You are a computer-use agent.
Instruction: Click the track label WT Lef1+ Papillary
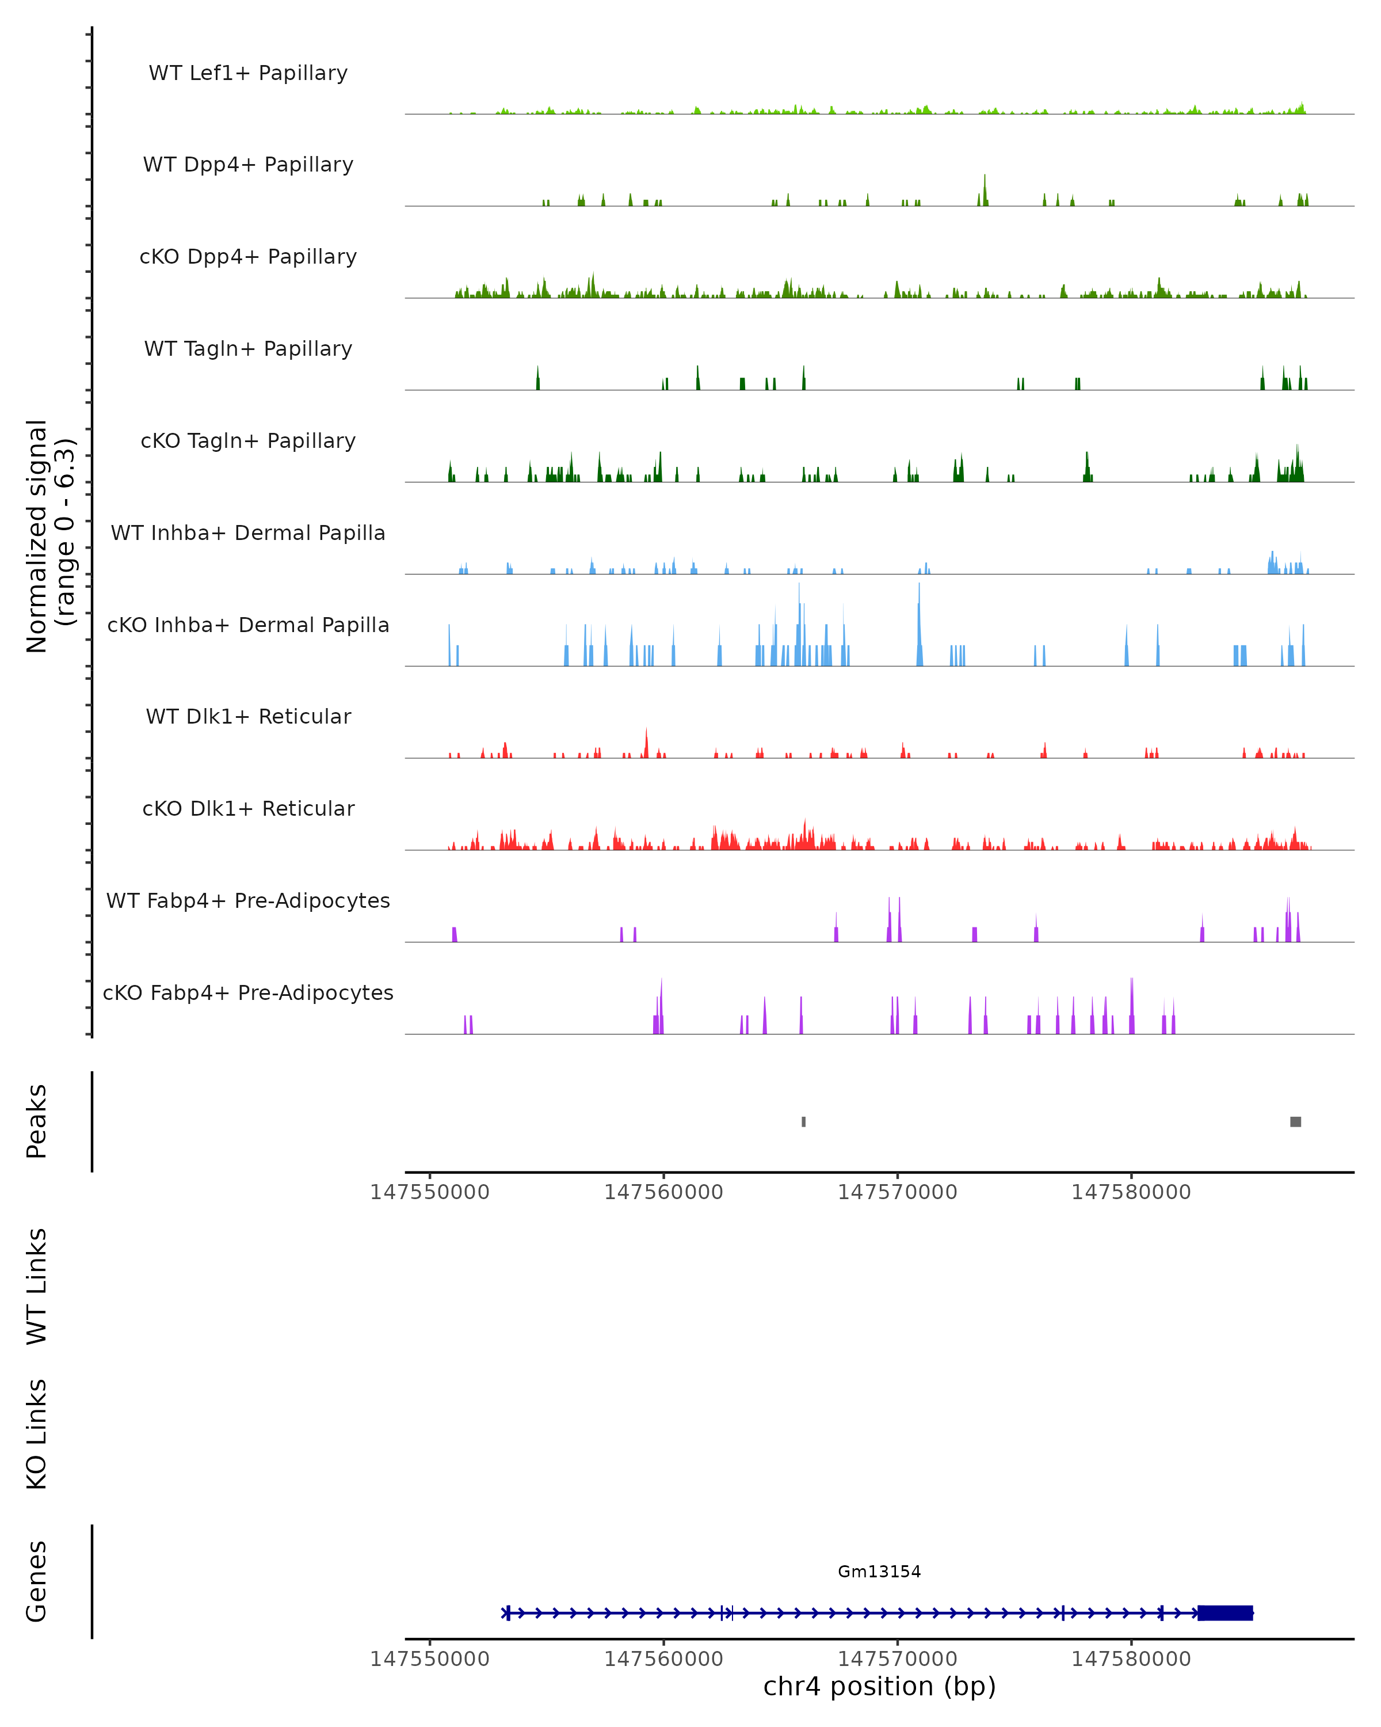tap(248, 73)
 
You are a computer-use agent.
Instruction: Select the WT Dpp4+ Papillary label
tap(248, 165)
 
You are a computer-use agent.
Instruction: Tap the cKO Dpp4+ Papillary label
tap(248, 257)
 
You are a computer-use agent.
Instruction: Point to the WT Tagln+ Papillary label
tap(248, 349)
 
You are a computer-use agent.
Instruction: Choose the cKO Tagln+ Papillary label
tap(248, 442)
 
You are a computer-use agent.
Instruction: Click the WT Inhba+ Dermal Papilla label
tap(248, 534)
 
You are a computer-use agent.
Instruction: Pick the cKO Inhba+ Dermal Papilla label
tap(248, 626)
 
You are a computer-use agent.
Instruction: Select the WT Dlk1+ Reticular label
tap(248, 717)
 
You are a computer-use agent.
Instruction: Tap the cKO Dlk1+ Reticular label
tap(248, 809)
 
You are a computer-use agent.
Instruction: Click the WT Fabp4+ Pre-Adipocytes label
tap(248, 901)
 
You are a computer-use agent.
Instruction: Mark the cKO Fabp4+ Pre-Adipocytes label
tap(248, 993)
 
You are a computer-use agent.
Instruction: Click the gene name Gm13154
tap(879, 1572)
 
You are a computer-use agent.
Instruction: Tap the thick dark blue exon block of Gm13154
tap(1225, 1613)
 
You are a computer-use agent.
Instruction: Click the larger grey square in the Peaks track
tap(1295, 1121)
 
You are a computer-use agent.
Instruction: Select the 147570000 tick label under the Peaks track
tap(898, 1193)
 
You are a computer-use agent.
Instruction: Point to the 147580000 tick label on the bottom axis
tap(1131, 1659)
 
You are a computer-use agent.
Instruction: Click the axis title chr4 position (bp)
tap(879, 1687)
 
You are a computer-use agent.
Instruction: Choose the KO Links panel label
tap(37, 1435)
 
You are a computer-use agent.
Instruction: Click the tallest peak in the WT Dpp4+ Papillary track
tap(985, 189)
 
